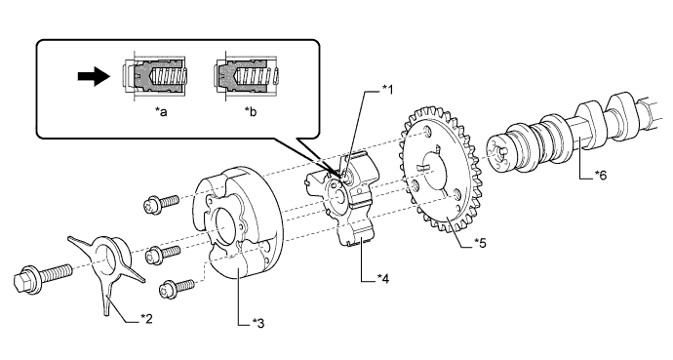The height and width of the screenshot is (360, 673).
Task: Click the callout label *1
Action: [x=387, y=89]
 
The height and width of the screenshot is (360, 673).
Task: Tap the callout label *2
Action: [x=146, y=318]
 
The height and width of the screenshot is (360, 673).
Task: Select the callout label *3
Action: [x=258, y=323]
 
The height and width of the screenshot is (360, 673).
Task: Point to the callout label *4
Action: [x=383, y=278]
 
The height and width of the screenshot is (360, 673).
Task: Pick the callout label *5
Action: [x=480, y=243]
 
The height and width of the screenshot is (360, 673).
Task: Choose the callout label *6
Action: [x=601, y=175]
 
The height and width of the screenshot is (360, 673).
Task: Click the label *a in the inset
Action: [x=161, y=112]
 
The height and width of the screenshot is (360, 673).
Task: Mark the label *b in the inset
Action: [x=251, y=112]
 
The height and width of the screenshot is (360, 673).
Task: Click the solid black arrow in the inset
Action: [x=94, y=76]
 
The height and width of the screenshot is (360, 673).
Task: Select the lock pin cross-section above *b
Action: [x=248, y=77]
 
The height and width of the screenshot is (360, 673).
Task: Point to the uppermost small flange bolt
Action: [x=160, y=203]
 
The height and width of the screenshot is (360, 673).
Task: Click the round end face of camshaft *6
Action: [x=497, y=153]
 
